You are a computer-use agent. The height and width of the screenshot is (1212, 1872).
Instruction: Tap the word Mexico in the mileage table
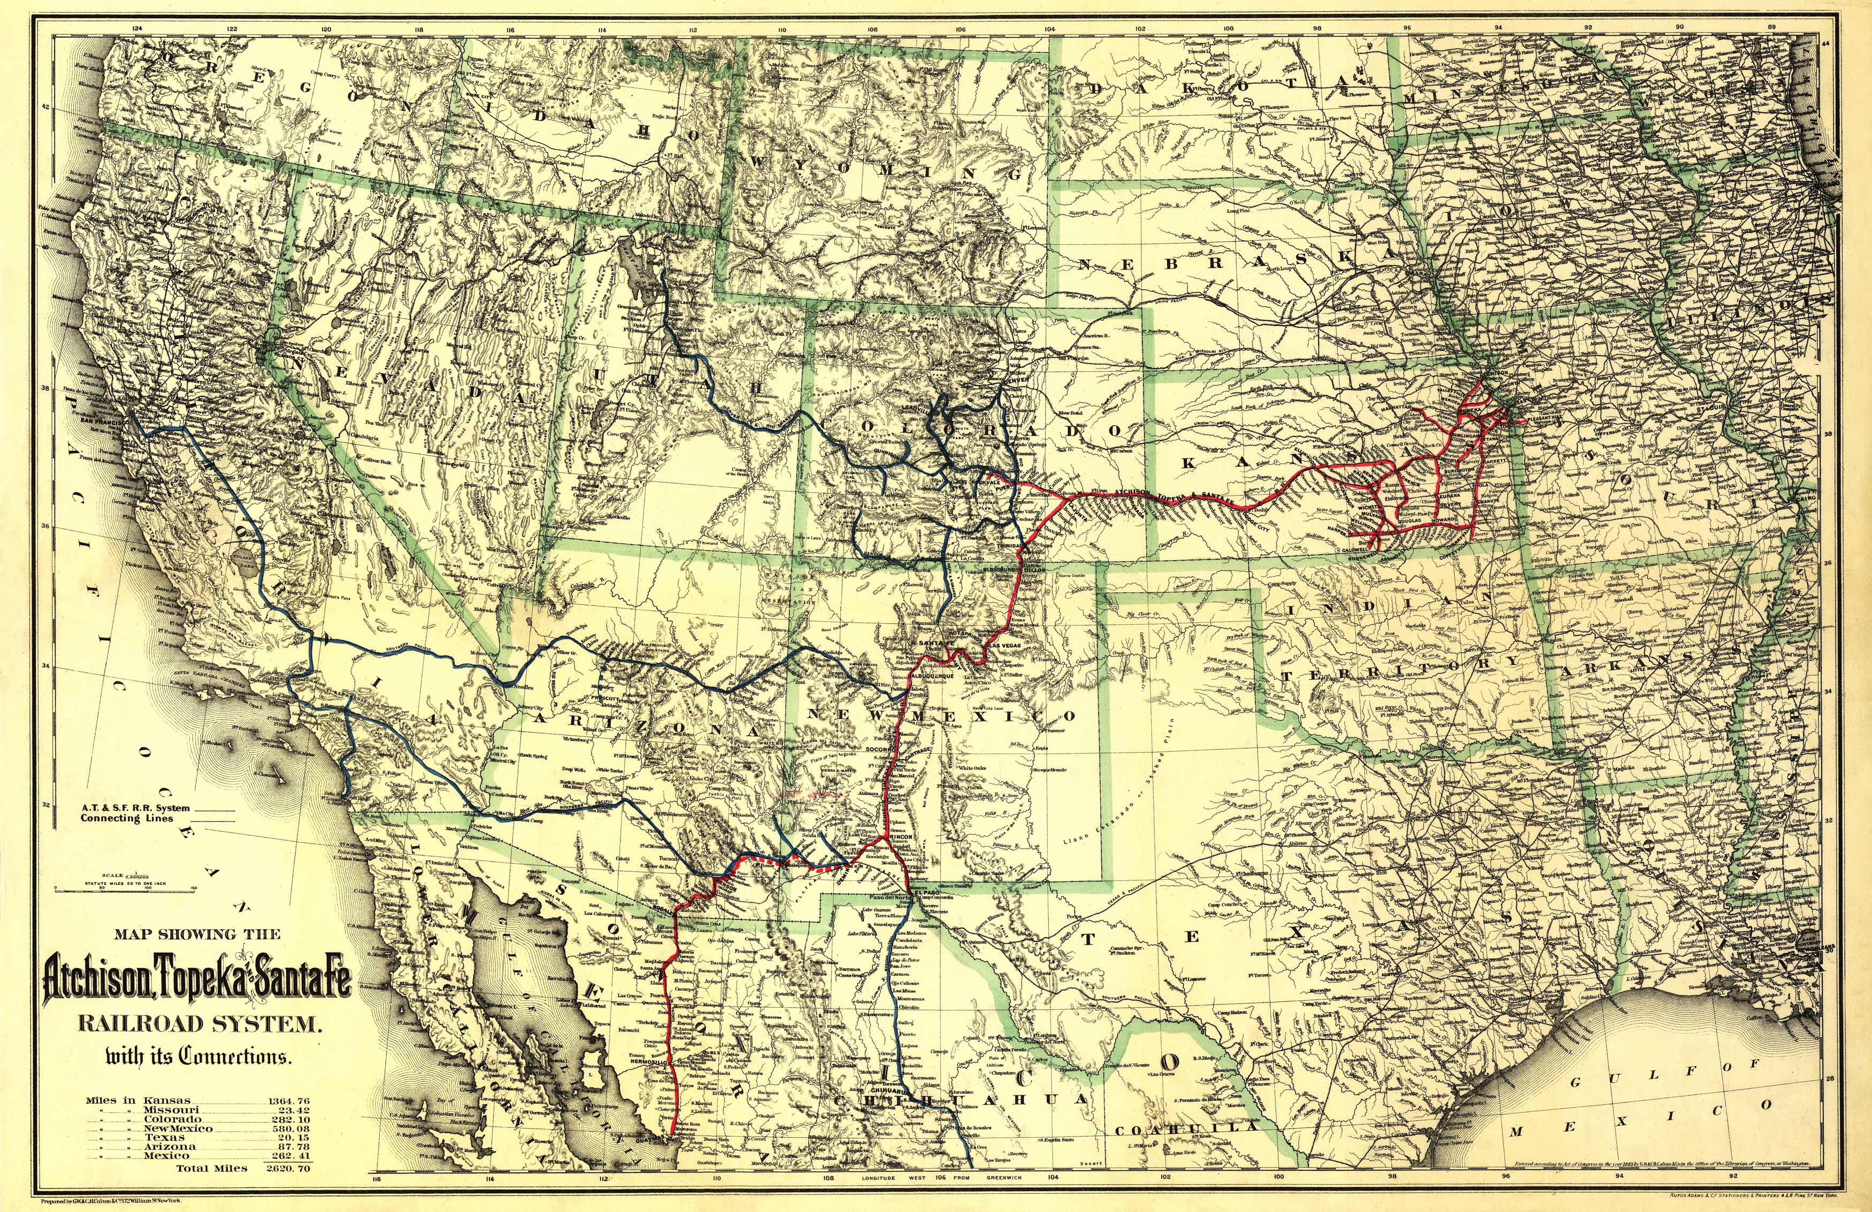pos(166,1155)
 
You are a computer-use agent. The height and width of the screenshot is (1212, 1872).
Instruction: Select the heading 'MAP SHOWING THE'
pos(197,934)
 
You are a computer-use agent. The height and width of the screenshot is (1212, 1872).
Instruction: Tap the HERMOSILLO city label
pos(650,1062)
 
